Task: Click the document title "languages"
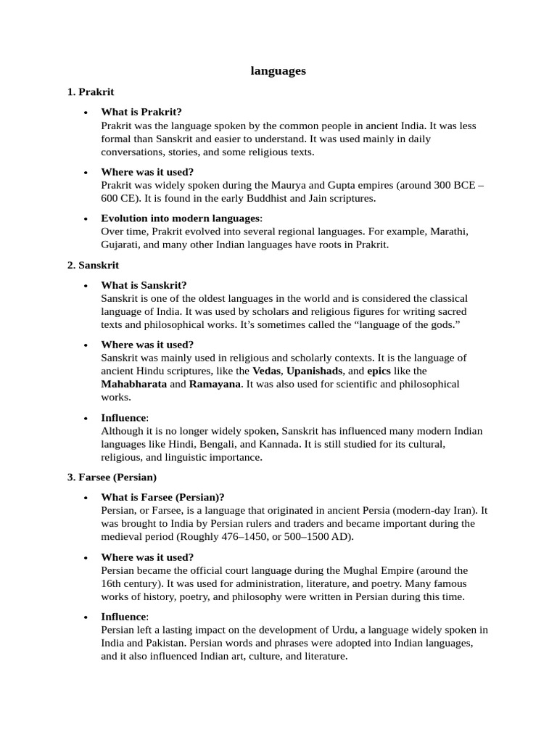(278, 70)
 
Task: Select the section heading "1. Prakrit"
(91, 92)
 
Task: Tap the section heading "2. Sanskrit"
(93, 265)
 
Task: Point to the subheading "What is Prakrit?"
(141, 112)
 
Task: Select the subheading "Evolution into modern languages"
(180, 218)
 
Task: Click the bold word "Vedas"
(266, 371)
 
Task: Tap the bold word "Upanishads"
(314, 371)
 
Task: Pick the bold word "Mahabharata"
(133, 384)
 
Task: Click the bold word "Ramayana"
(215, 384)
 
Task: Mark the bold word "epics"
(379, 371)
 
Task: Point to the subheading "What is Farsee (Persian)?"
(162, 497)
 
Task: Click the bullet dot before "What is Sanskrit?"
(86, 286)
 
